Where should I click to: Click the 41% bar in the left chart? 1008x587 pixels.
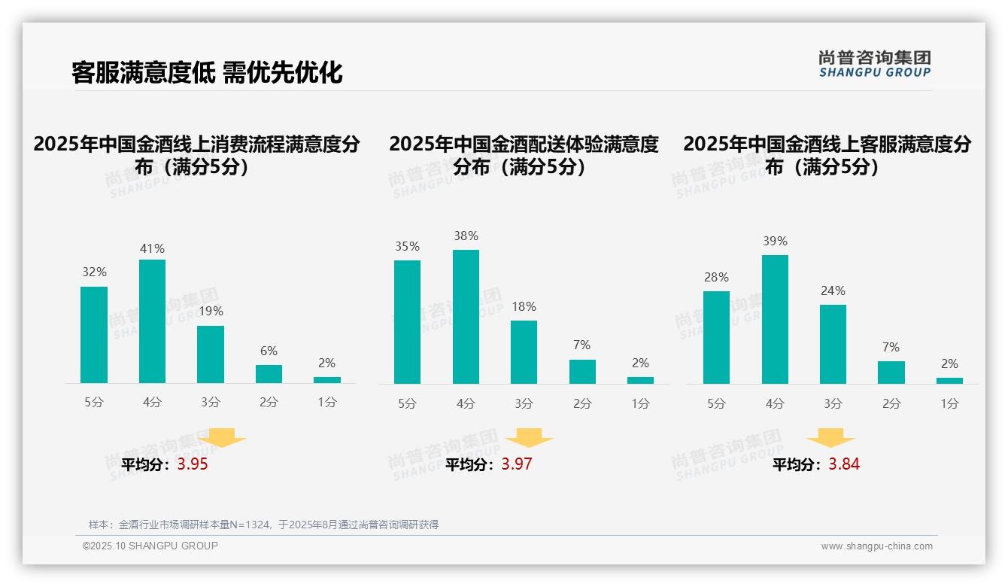click(x=152, y=321)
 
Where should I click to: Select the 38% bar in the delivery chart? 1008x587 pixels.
click(x=466, y=317)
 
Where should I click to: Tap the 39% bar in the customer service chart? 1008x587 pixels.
click(x=775, y=320)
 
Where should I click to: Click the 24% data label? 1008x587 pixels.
click(x=833, y=290)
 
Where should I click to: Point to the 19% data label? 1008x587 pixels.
click(x=211, y=311)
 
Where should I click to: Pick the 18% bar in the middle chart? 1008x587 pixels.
click(x=524, y=352)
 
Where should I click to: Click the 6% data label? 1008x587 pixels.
click(x=269, y=351)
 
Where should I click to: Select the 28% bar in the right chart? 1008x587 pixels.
click(x=716, y=338)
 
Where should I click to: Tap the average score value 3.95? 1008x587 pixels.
click(x=193, y=464)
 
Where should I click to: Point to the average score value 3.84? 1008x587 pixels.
click(x=844, y=464)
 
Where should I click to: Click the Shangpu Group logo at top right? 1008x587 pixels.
click(x=874, y=63)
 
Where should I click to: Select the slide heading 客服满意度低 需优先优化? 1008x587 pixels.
click(x=207, y=72)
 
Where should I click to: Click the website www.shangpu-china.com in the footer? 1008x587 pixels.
click(x=876, y=546)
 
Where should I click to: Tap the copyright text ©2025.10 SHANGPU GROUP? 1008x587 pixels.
click(x=150, y=546)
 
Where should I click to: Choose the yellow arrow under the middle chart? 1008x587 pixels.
click(x=529, y=438)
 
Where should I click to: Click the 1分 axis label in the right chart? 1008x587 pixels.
click(x=949, y=403)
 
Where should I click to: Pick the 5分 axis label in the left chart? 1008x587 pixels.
click(x=94, y=403)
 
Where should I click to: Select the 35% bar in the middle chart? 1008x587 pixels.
click(x=407, y=322)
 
